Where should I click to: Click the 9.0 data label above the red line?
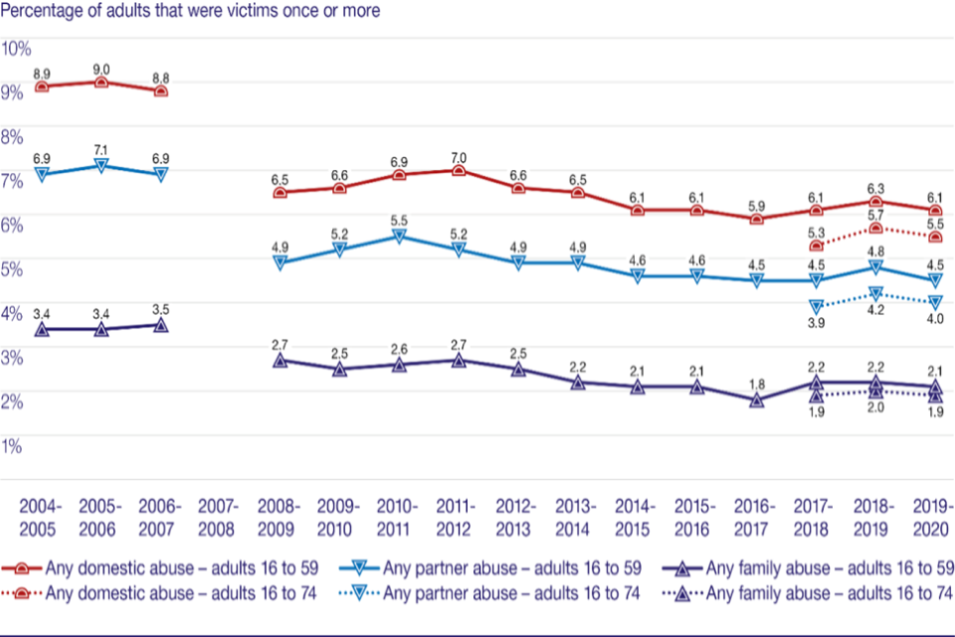tap(100, 69)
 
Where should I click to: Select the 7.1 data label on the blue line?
tap(100, 148)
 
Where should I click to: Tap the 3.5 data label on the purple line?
tap(160, 311)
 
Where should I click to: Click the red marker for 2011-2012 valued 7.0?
tap(458, 170)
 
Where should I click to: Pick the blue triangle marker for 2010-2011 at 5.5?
tap(399, 237)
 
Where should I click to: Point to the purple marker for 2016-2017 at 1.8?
tap(756, 400)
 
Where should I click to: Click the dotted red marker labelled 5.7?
tap(875, 229)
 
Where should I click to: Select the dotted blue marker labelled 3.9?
tap(816, 307)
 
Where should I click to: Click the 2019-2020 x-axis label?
tap(932, 516)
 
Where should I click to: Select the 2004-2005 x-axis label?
tap(41, 516)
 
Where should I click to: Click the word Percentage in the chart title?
tap(44, 11)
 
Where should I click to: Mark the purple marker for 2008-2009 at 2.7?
tap(280, 360)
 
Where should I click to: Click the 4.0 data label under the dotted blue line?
tap(935, 318)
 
